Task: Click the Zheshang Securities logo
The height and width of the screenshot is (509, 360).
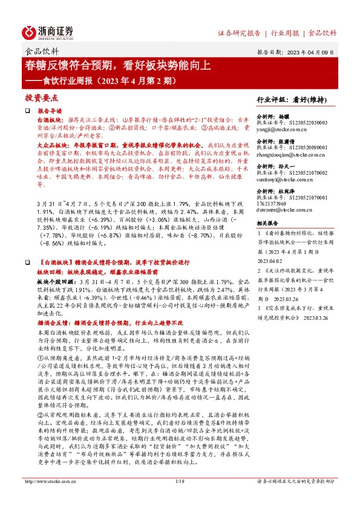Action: coord(48,31)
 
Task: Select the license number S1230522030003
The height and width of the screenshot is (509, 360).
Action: coord(300,124)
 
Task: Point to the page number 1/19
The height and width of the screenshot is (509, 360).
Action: coord(179,498)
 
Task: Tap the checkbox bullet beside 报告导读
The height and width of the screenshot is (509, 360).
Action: coord(27,112)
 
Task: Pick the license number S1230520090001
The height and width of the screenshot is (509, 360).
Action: coord(300,149)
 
